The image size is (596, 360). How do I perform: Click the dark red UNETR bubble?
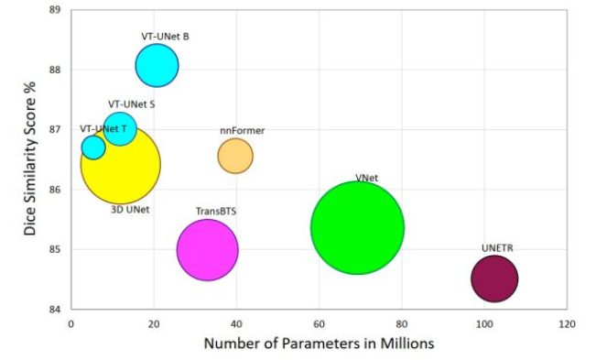point(494,278)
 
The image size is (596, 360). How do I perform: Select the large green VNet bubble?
point(357,227)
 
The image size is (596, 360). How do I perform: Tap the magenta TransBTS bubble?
point(207,249)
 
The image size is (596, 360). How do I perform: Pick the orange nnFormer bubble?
point(235,156)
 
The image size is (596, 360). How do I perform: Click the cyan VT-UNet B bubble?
point(157,65)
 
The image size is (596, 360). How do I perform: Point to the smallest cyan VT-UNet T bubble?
point(93,147)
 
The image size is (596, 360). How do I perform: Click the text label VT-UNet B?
point(165,37)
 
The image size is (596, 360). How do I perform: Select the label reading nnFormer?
point(242,131)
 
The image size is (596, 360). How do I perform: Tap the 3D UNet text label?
point(130,210)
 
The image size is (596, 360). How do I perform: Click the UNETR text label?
point(497,248)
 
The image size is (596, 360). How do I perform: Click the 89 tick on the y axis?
point(54,9)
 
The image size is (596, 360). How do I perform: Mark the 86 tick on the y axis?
point(54,190)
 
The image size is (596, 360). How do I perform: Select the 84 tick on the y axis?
point(54,310)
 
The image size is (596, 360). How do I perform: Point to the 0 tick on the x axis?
point(70,324)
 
